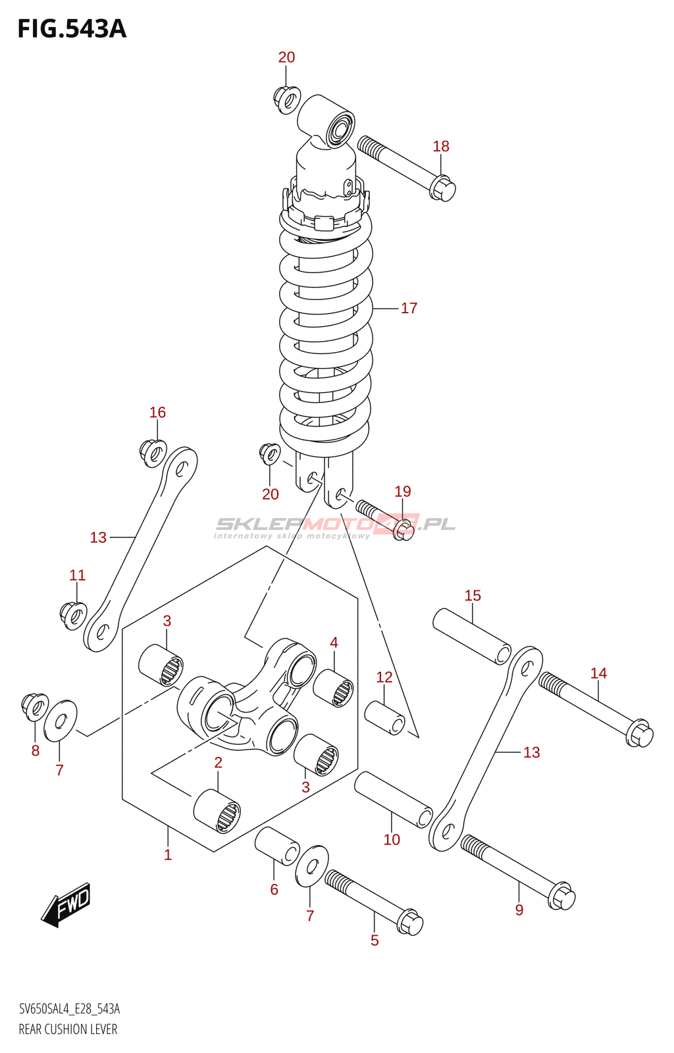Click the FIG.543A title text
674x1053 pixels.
(72, 29)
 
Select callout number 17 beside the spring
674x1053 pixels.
(409, 308)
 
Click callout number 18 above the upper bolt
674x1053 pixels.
(441, 146)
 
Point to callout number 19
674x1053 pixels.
(403, 491)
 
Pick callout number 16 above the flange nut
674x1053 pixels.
(157, 413)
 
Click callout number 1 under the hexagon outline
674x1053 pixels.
(168, 854)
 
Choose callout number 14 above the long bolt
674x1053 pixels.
(598, 673)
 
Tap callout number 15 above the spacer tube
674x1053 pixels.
(473, 596)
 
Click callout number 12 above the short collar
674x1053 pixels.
(384, 677)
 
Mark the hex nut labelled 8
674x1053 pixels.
(34, 706)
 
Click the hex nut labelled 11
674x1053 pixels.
(73, 615)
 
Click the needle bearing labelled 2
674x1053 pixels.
(217, 811)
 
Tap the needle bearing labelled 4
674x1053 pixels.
(334, 688)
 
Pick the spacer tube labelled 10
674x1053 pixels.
(394, 799)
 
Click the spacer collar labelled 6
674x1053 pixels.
(277, 845)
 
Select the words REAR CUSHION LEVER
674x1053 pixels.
(68, 1029)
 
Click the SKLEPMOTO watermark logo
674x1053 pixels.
(335, 525)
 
